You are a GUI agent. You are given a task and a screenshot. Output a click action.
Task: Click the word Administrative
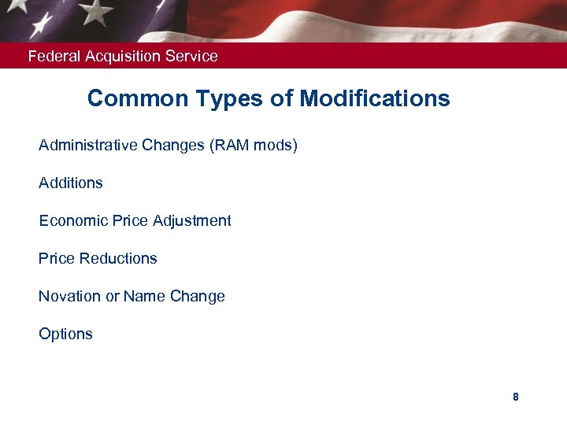[x=88, y=145]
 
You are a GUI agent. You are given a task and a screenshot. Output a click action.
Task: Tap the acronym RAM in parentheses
[x=232, y=145]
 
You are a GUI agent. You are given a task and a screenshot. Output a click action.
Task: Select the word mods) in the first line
[x=276, y=145]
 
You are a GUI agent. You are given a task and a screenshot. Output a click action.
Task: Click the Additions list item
[x=71, y=183]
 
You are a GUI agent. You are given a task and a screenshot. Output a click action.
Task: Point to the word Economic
[x=73, y=220]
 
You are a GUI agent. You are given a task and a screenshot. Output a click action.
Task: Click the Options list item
[x=65, y=334]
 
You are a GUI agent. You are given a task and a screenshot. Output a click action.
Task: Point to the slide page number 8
[x=516, y=397]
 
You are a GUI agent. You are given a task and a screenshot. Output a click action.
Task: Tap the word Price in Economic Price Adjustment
[x=130, y=220]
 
